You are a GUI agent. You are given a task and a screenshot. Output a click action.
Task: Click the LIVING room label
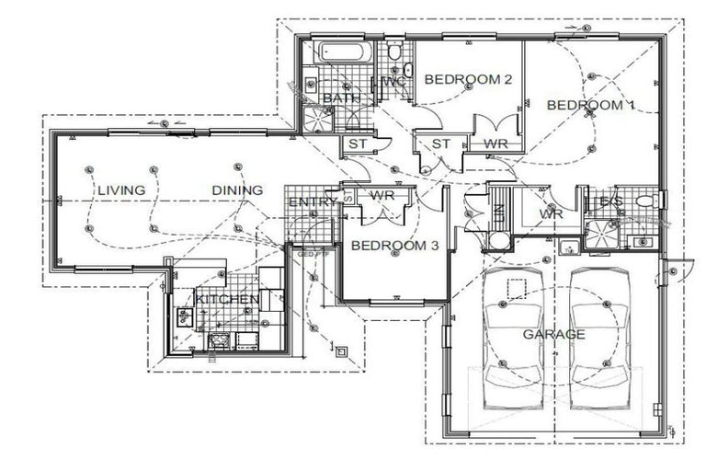coord(121,190)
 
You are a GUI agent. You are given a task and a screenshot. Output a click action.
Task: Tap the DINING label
coord(237,190)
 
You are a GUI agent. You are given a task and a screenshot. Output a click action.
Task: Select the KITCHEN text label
coord(226,300)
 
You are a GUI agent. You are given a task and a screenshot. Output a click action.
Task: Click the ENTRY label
coord(313,202)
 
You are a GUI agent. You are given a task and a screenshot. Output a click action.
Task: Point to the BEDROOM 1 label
coord(591,105)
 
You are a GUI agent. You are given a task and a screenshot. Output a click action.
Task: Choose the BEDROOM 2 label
coord(468,80)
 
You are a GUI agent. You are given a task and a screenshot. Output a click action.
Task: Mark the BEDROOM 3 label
coord(394,246)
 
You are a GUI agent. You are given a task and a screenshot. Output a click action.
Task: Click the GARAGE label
coord(553,334)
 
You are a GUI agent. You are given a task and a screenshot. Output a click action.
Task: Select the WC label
coord(393,82)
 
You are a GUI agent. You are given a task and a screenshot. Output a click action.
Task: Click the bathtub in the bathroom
coord(344,52)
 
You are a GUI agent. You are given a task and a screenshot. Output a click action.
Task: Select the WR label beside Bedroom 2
coord(496,144)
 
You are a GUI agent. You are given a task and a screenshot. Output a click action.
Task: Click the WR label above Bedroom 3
coord(382,195)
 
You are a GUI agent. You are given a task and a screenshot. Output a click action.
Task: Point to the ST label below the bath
coord(357,144)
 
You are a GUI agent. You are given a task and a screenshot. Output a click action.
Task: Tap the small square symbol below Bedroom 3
coord(341,350)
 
